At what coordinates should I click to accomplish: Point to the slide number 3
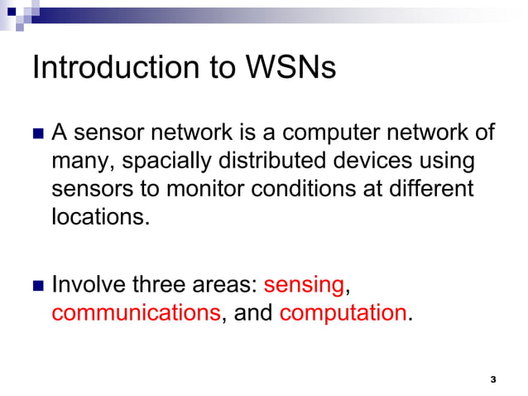pos(493,379)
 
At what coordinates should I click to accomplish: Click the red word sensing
pos(304,286)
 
